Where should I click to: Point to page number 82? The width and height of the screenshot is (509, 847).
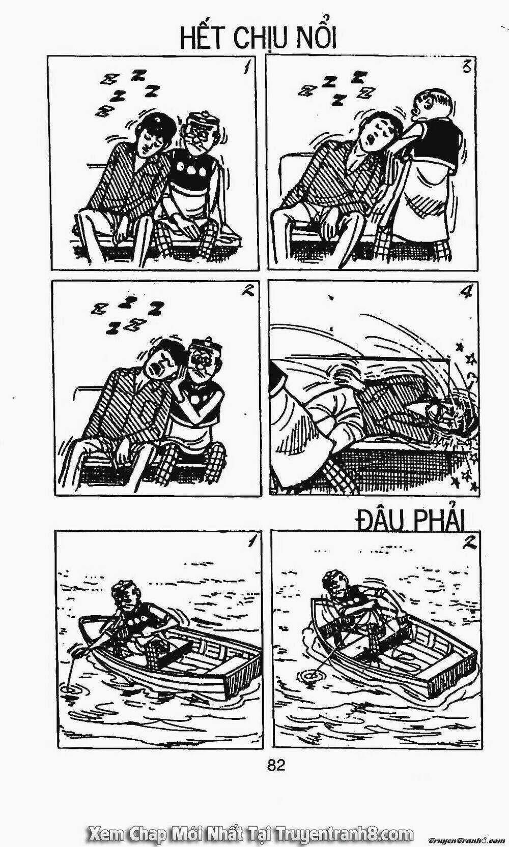tap(276, 765)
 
